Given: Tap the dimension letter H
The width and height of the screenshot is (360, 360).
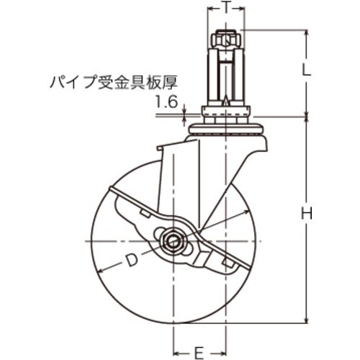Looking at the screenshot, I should (x=306, y=213).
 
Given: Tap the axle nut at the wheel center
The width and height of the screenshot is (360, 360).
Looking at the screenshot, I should (x=174, y=240).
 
